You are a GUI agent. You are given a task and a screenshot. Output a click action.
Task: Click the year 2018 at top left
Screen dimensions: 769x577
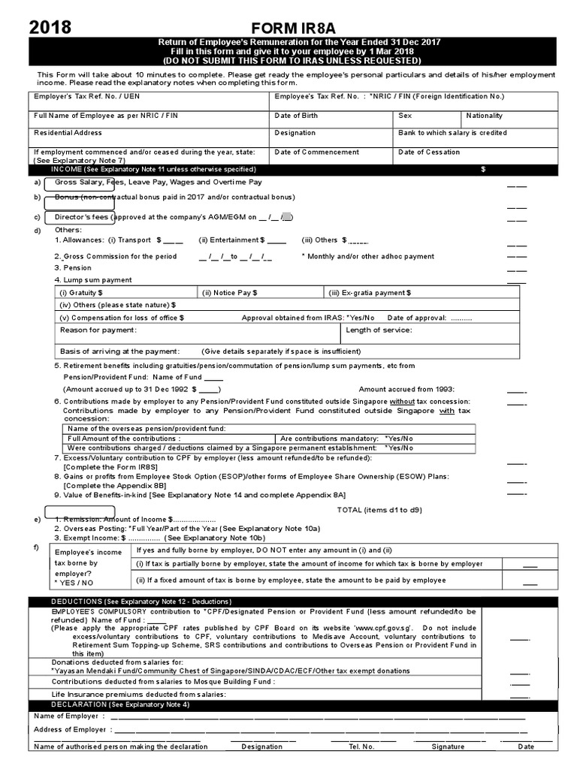(50, 28)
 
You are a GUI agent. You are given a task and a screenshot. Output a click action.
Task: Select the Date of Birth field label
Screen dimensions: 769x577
(296, 116)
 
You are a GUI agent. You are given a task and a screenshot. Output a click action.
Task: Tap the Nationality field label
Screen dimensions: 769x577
(484, 116)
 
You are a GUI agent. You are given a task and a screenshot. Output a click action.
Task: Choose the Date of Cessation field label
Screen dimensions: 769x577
(429, 152)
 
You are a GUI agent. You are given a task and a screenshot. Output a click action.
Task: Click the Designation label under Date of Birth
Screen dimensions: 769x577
(295, 133)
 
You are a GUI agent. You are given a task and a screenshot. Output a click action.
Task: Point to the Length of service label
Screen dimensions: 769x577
(379, 330)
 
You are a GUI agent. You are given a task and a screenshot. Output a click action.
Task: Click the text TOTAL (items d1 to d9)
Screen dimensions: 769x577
(379, 510)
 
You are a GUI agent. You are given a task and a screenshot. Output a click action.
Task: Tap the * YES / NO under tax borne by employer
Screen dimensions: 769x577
(74, 582)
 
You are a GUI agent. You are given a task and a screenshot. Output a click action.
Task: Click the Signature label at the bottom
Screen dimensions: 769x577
(448, 746)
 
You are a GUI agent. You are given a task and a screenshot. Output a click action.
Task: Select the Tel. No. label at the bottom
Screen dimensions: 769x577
(361, 746)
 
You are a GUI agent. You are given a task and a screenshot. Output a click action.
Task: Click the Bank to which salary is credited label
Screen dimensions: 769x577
(452, 133)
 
